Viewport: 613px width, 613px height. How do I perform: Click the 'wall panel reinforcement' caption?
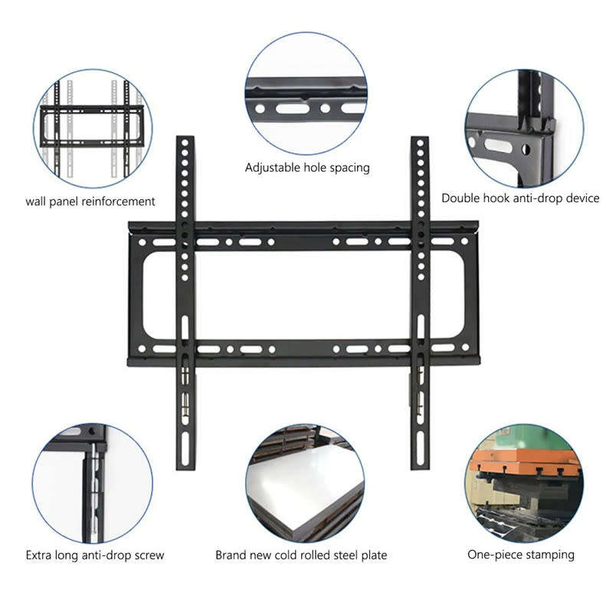point(90,202)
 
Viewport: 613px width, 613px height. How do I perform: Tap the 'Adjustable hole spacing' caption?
point(307,167)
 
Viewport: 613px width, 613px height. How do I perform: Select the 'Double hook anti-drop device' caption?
point(520,198)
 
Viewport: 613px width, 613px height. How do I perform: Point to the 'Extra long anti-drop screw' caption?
point(95,555)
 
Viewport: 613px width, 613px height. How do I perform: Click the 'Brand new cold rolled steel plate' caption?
point(301,555)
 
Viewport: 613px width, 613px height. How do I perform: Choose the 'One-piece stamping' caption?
point(521,555)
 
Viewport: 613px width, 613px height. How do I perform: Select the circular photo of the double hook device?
point(523,127)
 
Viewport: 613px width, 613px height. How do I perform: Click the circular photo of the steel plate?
point(305,484)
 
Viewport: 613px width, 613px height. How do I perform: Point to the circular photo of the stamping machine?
point(523,484)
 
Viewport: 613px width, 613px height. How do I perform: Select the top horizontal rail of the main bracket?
point(303,241)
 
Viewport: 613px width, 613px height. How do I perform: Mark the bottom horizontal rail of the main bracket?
point(303,349)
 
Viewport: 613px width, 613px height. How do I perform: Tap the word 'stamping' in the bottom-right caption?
point(549,555)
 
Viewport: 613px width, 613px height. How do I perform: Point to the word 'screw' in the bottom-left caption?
point(148,555)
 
